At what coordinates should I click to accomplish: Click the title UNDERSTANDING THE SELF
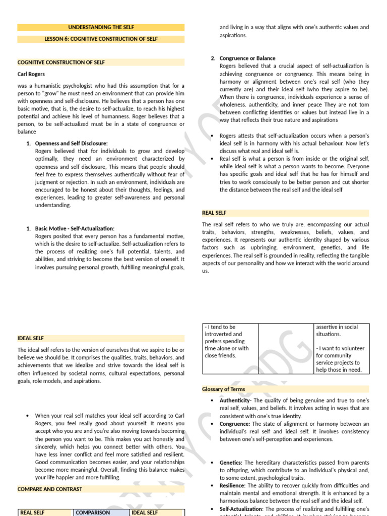101,27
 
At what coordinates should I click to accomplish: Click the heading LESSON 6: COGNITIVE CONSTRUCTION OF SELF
101,39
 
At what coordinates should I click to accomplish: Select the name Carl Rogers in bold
31,74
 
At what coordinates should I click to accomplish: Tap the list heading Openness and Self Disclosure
71,144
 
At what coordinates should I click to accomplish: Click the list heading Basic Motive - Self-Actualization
75,228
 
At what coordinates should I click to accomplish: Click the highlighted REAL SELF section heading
214,213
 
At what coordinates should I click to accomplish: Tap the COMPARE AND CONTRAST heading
50,489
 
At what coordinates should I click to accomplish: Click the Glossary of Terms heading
224,389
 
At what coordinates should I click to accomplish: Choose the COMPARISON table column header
93,512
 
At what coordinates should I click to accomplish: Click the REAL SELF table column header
33,512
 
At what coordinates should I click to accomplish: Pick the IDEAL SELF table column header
145,512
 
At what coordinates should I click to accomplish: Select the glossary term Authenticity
235,400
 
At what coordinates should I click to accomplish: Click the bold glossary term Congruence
235,424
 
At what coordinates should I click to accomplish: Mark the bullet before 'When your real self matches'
26,416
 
